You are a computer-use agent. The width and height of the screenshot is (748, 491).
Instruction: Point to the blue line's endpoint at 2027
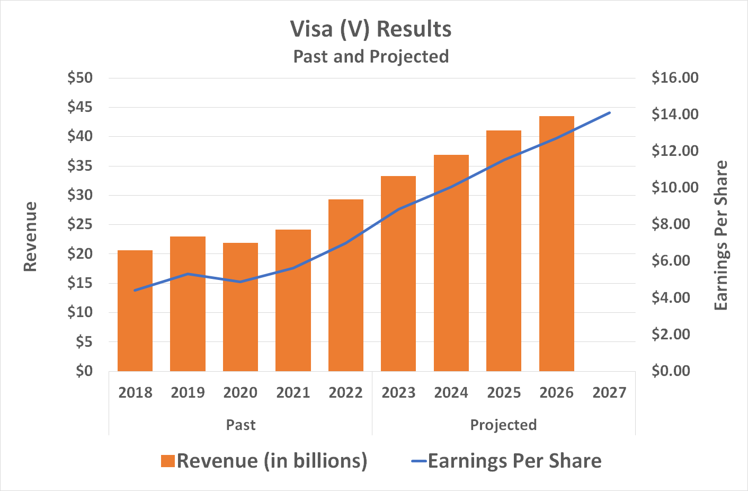609,113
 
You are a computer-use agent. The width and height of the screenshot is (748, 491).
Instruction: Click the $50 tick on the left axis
79,78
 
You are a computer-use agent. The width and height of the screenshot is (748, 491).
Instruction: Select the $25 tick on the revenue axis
79,224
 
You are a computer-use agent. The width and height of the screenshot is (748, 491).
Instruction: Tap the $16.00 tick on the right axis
674,78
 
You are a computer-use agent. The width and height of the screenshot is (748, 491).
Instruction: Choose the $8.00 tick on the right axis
671,224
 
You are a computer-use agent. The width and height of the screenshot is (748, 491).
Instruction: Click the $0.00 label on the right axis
671,371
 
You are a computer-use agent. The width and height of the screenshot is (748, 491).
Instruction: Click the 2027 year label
609,393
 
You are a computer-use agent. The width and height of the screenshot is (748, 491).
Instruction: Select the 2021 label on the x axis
293,393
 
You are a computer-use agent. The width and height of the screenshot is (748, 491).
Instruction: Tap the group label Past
241,425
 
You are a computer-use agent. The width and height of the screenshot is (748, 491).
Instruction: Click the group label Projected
503,425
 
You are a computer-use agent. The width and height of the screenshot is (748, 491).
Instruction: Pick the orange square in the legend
167,461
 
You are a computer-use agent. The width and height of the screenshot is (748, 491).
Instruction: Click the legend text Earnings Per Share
514,461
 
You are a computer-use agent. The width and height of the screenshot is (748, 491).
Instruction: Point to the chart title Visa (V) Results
371,29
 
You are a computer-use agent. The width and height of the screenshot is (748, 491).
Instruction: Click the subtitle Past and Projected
371,56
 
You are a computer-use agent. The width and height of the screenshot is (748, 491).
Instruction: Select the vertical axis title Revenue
30,236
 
